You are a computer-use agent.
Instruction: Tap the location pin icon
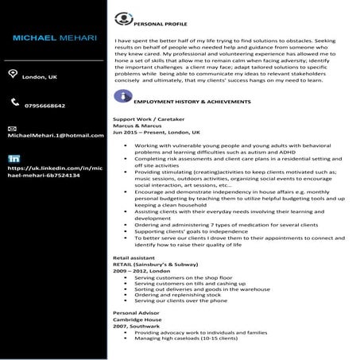pos(11,74)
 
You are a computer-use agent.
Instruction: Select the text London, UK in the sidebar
pos(39,77)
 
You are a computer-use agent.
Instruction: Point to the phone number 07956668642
pos(45,106)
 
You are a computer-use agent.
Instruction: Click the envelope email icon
pos(12,127)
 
